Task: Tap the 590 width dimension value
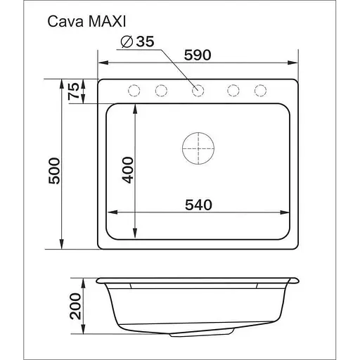point(198,56)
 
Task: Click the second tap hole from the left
point(161,90)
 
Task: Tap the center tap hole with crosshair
point(198,90)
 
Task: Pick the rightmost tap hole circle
point(260,90)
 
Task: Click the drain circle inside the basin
point(198,148)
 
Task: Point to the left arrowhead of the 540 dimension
point(109,212)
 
